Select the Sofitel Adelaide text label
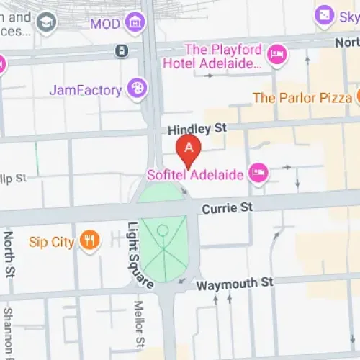(x=194, y=174)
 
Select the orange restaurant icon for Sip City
(x=89, y=241)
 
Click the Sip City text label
(x=50, y=242)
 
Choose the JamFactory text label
(x=85, y=90)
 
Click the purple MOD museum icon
(x=134, y=24)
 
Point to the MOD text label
(x=104, y=24)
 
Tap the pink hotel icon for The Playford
(x=277, y=55)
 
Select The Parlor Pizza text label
(x=302, y=97)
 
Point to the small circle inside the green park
(x=163, y=230)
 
